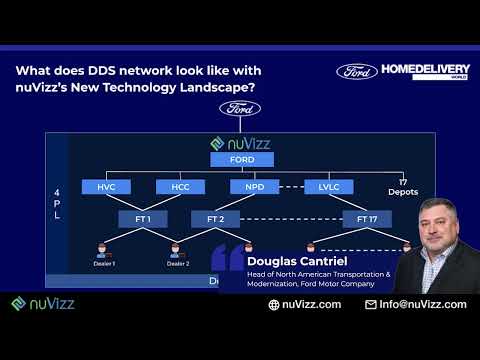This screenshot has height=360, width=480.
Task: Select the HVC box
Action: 107,187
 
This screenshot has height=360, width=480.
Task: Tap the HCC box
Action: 180,187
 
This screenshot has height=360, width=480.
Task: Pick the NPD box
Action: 255,187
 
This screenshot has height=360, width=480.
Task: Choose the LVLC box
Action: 329,187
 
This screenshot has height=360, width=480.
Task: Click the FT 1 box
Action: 143,218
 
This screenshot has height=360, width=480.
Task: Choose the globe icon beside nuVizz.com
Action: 274,304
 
